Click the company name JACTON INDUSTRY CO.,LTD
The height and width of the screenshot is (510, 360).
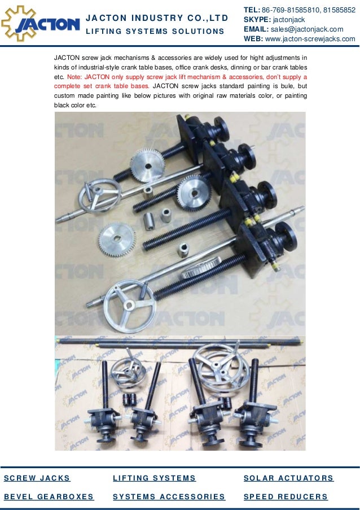point(157,18)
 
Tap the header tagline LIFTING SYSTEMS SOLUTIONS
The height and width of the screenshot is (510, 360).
point(155,31)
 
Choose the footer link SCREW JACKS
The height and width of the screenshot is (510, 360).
point(37,478)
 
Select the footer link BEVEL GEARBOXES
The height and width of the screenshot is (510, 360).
point(49,496)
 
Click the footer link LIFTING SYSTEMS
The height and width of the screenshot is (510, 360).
point(154,478)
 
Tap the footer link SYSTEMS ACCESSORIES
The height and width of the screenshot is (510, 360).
point(169,496)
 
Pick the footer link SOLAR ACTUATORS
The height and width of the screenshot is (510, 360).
point(288,478)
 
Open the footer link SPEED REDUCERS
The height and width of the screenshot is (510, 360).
point(286,496)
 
